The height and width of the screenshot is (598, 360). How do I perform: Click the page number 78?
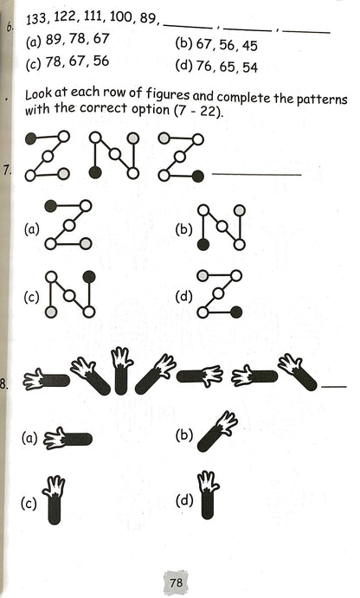(177, 582)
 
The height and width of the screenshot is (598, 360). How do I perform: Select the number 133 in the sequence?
(36, 19)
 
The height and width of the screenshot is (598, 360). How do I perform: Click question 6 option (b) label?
(184, 44)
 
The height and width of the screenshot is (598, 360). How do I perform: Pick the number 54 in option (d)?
(250, 68)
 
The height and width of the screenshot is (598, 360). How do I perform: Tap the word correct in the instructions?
(104, 109)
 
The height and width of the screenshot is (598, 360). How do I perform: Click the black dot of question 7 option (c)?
(89, 276)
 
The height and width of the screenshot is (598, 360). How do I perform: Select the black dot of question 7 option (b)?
(203, 244)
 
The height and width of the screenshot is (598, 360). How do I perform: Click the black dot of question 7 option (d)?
(236, 312)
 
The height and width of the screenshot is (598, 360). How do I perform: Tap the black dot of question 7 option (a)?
(51, 206)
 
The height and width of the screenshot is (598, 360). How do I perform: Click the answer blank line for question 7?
(257, 175)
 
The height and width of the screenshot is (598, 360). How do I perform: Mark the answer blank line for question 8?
(334, 387)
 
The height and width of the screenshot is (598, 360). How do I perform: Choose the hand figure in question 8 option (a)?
(67, 439)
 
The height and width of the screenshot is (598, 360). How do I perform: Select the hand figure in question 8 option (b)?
(218, 431)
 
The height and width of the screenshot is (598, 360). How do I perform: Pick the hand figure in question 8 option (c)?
(54, 499)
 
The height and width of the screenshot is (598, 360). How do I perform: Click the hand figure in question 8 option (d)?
(208, 495)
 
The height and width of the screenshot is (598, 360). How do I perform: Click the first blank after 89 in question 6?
(188, 27)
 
